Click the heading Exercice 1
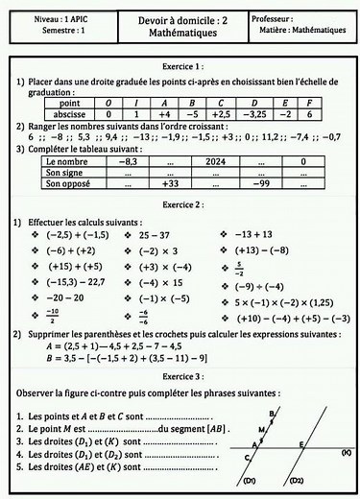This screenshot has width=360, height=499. click(x=180, y=66)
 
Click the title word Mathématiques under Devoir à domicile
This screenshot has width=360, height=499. click(x=180, y=33)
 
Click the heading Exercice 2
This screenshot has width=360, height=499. click(x=180, y=204)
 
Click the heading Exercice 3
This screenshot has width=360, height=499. click(x=180, y=377)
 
